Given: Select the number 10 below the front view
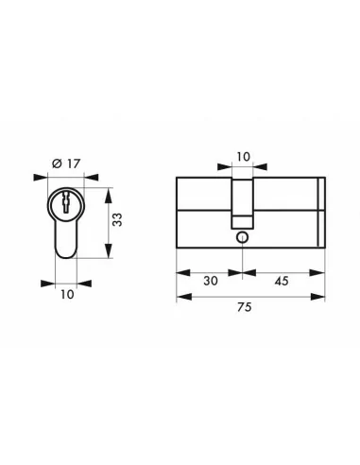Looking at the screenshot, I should click(x=65, y=295).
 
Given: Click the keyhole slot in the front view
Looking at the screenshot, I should click(x=65, y=203).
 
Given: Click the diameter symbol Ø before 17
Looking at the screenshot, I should click(x=56, y=164).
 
